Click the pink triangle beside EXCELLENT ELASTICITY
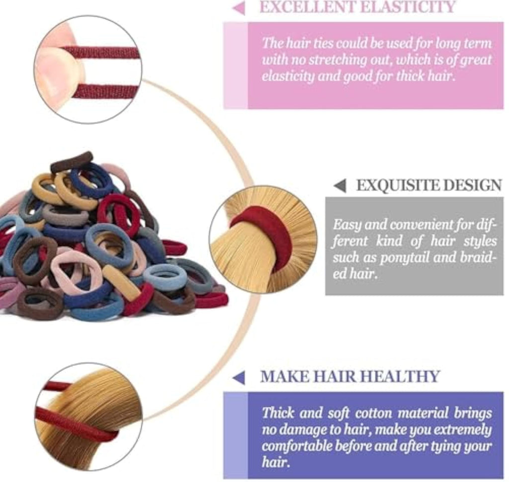coord(240,8)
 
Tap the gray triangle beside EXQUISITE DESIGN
coord(340,186)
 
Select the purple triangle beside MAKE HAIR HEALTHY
coord(239,378)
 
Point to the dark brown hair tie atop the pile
coord(72,161)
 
